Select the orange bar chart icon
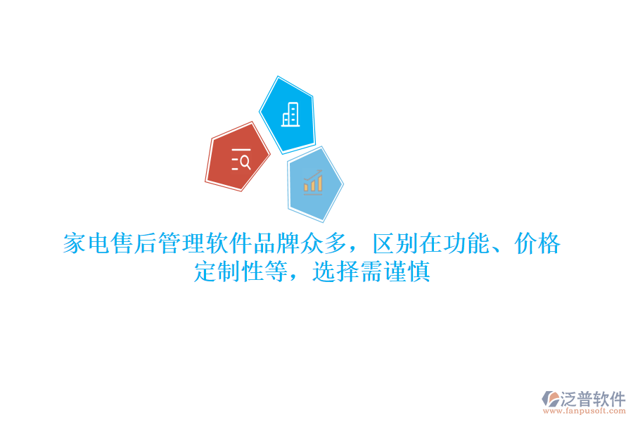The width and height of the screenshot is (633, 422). point(313,181)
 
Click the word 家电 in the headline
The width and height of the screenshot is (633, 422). point(87,244)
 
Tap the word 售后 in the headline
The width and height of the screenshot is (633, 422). point(134,244)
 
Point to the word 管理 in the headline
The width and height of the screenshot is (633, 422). point(181,244)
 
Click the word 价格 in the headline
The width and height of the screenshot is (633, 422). point(538,244)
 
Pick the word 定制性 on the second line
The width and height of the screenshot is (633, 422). point(229,271)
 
